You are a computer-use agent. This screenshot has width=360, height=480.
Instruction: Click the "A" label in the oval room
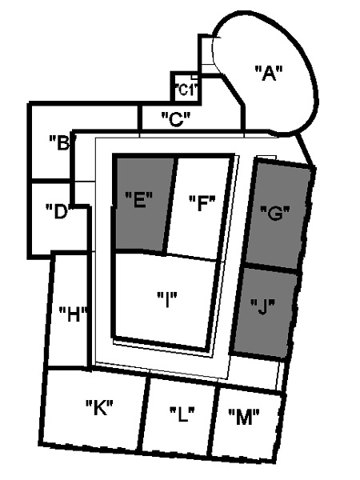[x=269, y=73]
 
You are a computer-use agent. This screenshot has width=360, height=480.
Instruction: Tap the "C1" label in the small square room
[x=186, y=90]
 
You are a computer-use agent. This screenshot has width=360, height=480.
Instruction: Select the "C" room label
[x=176, y=118]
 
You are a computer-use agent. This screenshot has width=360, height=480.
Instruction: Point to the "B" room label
[x=62, y=142]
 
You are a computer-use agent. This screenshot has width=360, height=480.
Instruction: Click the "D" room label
[x=60, y=211]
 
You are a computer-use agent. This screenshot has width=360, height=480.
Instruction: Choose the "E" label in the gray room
[x=138, y=200]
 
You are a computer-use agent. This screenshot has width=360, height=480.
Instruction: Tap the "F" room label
[x=202, y=203]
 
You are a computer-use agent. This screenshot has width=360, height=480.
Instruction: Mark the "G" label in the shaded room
[x=274, y=213]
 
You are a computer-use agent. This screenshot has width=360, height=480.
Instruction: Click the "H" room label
[x=74, y=314]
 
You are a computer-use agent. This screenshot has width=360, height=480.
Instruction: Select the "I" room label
[x=167, y=299]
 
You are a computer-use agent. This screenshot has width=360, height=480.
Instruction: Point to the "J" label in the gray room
[x=262, y=306]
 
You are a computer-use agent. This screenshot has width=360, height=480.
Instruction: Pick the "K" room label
[x=99, y=407]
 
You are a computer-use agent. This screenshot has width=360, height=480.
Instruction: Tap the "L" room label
[x=182, y=414]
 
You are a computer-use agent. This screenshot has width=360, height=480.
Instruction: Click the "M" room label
[x=244, y=417]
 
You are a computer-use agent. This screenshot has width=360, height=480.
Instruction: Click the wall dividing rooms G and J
[x=272, y=266]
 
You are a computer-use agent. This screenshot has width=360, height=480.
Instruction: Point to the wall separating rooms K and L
[x=144, y=414]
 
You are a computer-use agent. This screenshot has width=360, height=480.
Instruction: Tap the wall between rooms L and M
[x=214, y=421]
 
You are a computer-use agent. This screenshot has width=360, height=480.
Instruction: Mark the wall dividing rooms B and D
[x=50, y=182]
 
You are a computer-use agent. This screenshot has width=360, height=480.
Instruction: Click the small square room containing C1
[x=186, y=88]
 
